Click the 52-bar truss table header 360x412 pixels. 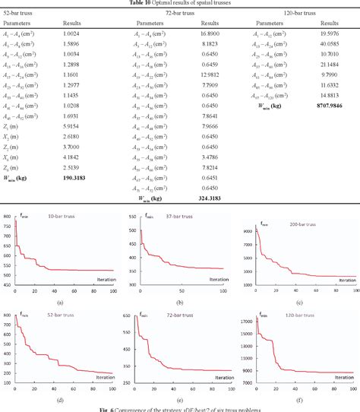tap(23, 14)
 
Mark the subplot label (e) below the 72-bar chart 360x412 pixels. tap(180, 399)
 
